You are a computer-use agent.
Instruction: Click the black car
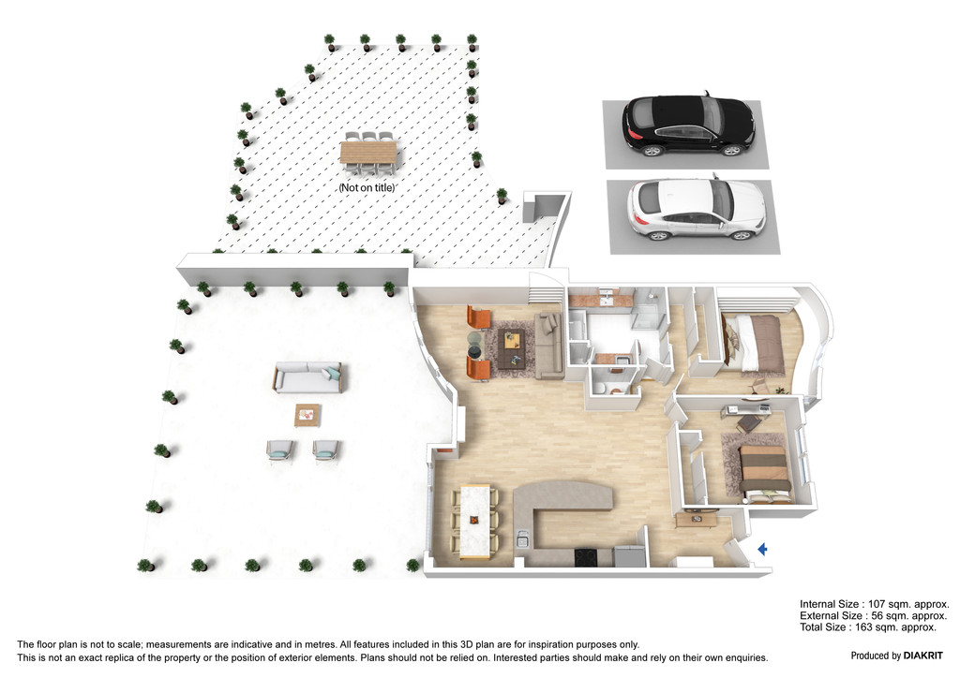[688, 125]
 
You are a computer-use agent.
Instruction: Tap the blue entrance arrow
[763, 549]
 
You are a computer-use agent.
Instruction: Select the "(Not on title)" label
[367, 187]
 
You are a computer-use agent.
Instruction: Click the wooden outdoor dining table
[367, 153]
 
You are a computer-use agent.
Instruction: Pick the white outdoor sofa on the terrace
[307, 377]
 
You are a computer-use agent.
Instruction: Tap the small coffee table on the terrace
[307, 415]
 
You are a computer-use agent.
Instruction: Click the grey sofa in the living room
[548, 346]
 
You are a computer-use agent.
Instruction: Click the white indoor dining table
[475, 521]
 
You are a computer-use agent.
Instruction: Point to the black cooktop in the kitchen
[587, 557]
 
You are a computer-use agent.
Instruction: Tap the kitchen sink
[521, 539]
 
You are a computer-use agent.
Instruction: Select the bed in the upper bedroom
[754, 344]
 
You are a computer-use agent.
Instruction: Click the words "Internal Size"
[829, 604]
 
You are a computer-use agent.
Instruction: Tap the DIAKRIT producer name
[922, 656]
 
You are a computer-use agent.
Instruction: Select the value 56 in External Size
[877, 615]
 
